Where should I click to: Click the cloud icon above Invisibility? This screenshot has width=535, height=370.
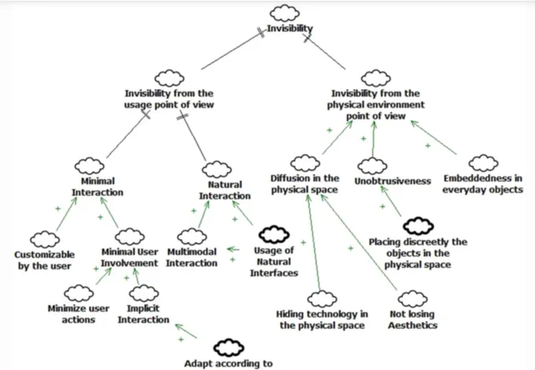pyautogui.click(x=285, y=13)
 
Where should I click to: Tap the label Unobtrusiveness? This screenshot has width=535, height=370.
pyautogui.click(x=393, y=181)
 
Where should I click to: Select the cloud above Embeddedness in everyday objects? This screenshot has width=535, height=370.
pyautogui.click(x=483, y=163)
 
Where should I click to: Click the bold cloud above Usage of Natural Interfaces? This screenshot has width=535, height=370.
pyautogui.click(x=274, y=234)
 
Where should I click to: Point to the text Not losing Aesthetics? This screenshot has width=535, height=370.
pyautogui.click(x=412, y=320)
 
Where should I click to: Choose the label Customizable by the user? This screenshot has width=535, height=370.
pyautogui.click(x=44, y=260)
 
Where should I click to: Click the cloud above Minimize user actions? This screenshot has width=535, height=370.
pyautogui.click(x=79, y=294)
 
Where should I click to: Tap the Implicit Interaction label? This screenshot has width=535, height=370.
pyautogui.click(x=143, y=314)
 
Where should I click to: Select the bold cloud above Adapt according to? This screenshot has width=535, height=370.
pyautogui.click(x=229, y=348)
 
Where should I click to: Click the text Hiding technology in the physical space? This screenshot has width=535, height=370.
pyautogui.click(x=322, y=320)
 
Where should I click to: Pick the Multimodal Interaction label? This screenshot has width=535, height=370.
pyautogui.click(x=192, y=257)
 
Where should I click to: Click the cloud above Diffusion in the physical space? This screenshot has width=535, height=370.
pyautogui.click(x=305, y=163)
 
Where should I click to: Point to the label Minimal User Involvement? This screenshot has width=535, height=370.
pyautogui.click(x=129, y=257)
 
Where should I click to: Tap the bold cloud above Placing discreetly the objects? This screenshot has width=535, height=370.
pyautogui.click(x=419, y=226)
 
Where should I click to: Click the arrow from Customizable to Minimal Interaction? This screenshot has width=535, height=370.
pyautogui.click(x=67, y=213)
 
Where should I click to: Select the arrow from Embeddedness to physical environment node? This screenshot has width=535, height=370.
pyautogui.click(x=434, y=137)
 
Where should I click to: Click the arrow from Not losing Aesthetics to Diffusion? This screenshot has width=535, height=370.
pyautogui.click(x=359, y=242)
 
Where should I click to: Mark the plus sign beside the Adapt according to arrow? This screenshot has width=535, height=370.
pyautogui.click(x=181, y=339)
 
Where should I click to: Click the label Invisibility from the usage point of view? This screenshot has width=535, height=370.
pyautogui.click(x=169, y=99)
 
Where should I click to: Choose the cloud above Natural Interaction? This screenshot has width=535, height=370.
pyautogui.click(x=216, y=169)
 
